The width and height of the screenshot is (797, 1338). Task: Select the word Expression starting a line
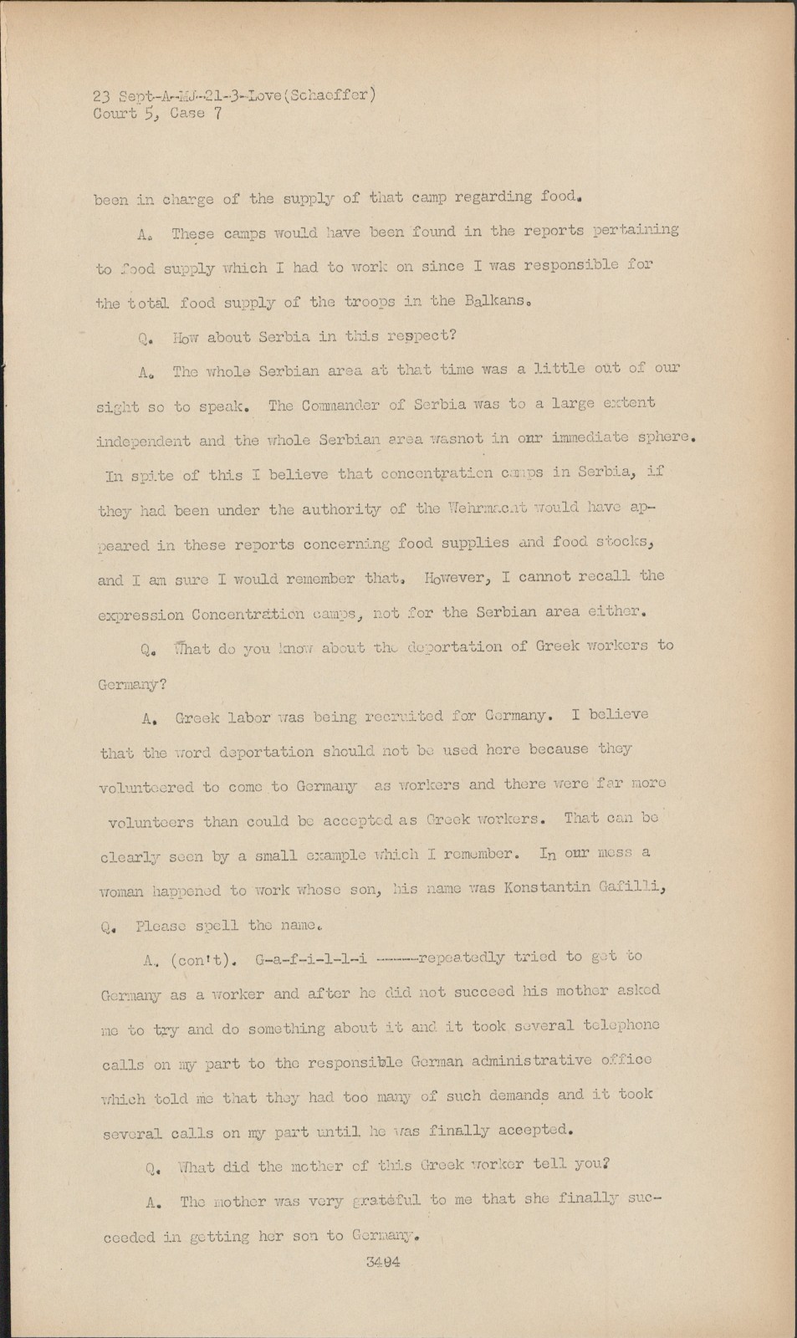click(x=140, y=615)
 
